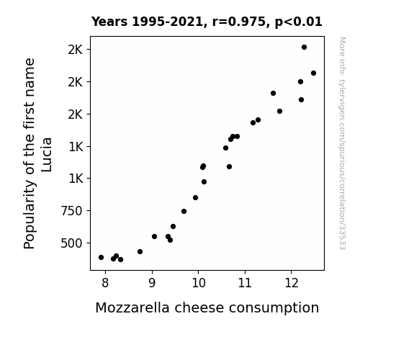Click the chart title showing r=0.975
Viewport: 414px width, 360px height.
click(207, 22)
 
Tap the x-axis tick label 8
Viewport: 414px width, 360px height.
click(105, 283)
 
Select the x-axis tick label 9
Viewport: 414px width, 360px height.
click(152, 283)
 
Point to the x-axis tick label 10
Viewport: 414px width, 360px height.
click(199, 283)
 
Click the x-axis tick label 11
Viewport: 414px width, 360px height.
click(245, 283)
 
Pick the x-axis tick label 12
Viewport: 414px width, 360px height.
click(291, 283)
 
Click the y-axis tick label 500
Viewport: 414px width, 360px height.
click(71, 243)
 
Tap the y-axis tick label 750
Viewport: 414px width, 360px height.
click(71, 211)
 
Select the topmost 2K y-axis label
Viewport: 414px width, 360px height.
click(76, 50)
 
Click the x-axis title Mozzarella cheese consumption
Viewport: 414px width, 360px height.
click(207, 308)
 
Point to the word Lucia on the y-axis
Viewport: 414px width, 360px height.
click(47, 155)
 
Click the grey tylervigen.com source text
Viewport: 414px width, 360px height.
click(342, 143)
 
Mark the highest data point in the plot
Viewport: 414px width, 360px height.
click(304, 48)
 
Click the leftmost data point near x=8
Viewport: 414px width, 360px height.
click(101, 257)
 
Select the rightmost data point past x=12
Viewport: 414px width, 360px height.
click(313, 73)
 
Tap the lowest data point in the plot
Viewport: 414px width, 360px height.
click(121, 260)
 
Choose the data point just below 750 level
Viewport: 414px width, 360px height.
click(184, 211)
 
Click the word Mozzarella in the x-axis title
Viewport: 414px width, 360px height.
click(132, 308)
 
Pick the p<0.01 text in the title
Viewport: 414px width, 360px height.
click(299, 22)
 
